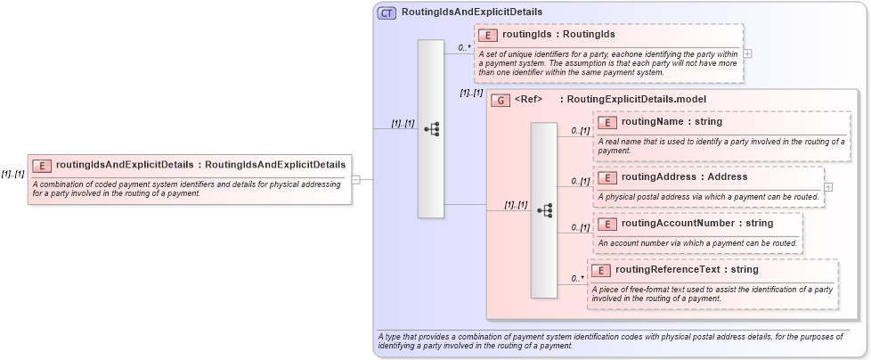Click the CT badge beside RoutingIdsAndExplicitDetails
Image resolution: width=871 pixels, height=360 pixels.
pyautogui.click(x=387, y=12)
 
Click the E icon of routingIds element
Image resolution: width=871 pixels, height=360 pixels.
pyautogui.click(x=488, y=36)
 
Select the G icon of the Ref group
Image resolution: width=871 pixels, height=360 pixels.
pyautogui.click(x=501, y=100)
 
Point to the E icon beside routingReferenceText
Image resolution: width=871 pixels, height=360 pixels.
pyautogui.click(x=601, y=270)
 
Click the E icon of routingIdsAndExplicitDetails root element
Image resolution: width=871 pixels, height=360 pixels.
pyautogui.click(x=42, y=165)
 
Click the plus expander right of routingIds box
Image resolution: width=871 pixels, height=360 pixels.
pyautogui.click(x=747, y=53)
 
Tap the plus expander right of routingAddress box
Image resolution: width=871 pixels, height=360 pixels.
pyautogui.click(x=828, y=187)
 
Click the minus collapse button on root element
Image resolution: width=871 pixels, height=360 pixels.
pyautogui.click(x=355, y=179)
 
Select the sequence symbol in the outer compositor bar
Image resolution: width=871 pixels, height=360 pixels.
pyautogui.click(x=431, y=129)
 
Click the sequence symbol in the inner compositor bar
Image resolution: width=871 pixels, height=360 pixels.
pyautogui.click(x=544, y=210)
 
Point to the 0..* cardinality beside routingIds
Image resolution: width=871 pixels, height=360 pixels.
pyautogui.click(x=465, y=47)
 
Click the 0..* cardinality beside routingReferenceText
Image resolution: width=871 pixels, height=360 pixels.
pyautogui.click(x=577, y=280)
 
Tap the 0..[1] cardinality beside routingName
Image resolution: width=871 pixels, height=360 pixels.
pyautogui.click(x=580, y=131)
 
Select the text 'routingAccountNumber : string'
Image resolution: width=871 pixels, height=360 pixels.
pyautogui.click(x=684, y=224)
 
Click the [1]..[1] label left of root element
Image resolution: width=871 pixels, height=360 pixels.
pyautogui.click(x=12, y=174)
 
